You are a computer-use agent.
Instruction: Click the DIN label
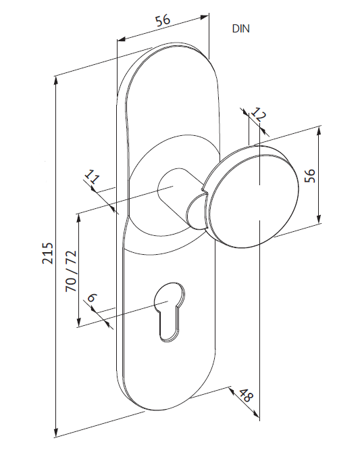pos(240,28)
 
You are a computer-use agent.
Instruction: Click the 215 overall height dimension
pos(48,254)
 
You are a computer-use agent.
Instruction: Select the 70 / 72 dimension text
pos(71,271)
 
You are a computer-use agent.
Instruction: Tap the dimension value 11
pos(92,176)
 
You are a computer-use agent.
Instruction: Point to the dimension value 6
pos(92,297)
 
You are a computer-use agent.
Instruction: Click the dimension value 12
pos(258,114)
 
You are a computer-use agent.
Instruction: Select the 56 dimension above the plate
pos(163,20)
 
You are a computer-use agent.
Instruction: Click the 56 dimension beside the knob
pos(310,175)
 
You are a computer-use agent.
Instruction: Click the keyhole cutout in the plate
pos(169,310)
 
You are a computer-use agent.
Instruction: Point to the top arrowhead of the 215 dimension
pos(56,80)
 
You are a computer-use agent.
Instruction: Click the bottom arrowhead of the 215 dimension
pos(56,433)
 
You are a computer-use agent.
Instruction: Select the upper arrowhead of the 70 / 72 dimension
pos(78,218)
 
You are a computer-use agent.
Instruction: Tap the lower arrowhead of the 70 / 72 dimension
pos(78,322)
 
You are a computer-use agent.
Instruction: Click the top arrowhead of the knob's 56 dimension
pos(319,131)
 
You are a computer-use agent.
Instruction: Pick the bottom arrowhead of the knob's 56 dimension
pos(319,219)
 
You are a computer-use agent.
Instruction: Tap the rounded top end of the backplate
pos(168,47)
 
